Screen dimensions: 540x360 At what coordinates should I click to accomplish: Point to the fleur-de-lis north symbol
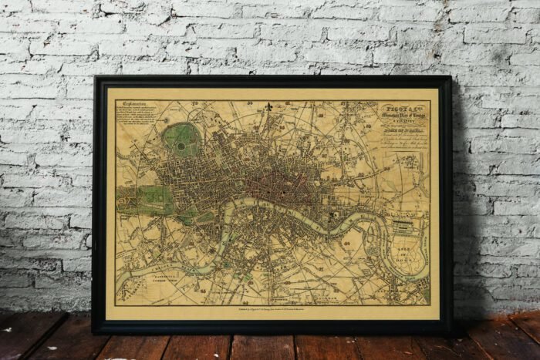[x=268, y=106]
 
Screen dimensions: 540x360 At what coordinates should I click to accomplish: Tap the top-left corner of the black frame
[x=95, y=77]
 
